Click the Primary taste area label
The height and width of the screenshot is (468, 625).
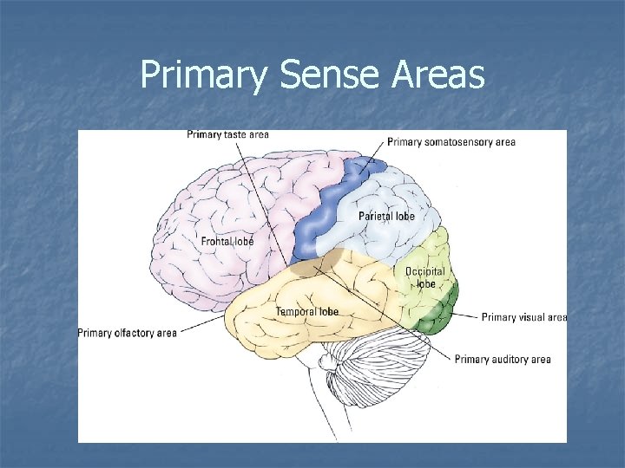coord(227,134)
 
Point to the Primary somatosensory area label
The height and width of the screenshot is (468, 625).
coord(451,142)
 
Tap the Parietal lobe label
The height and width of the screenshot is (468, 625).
coord(386,216)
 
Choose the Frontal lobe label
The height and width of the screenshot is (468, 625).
coord(227,241)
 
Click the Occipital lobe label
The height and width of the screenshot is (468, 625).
coord(424,277)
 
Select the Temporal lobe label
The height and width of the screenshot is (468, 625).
coord(307,311)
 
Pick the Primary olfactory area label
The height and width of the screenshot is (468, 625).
coord(127,333)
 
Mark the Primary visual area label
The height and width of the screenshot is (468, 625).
coord(523,317)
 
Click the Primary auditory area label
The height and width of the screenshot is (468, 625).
coord(503,359)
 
